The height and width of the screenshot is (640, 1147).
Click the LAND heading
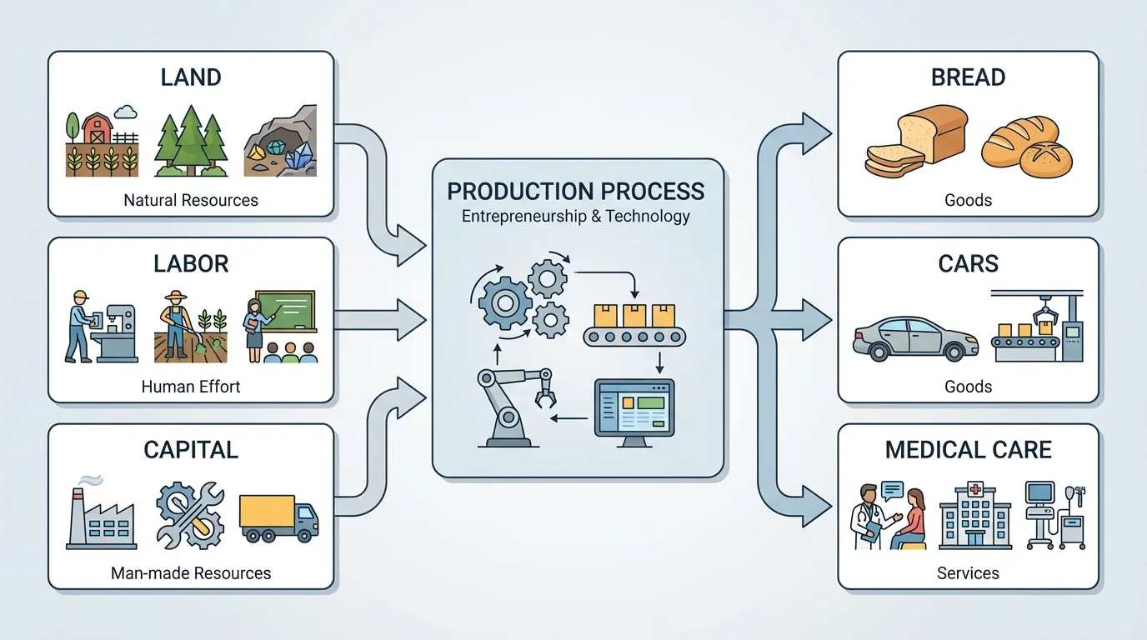[191, 77]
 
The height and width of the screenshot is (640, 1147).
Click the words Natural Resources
[191, 200]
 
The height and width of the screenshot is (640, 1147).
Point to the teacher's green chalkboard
[285, 311]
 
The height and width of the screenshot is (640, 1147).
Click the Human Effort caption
[191, 387]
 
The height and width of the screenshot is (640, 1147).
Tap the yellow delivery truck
[278, 517]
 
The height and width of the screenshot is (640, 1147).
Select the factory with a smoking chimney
[101, 516]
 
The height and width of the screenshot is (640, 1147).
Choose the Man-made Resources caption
[191, 573]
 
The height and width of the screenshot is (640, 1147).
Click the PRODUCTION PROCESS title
[575, 191]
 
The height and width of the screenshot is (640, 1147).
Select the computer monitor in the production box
[634, 408]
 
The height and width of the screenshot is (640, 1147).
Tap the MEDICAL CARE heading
[968, 450]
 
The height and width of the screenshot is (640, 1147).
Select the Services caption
[968, 573]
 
